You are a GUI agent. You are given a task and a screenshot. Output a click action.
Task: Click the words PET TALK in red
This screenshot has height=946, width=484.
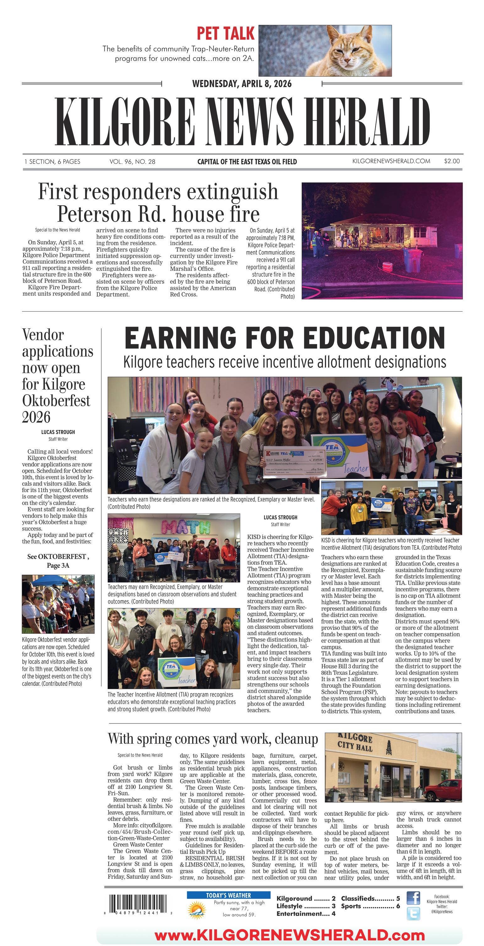225,33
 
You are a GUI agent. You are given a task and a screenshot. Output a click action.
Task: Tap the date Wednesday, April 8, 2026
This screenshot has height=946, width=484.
242,84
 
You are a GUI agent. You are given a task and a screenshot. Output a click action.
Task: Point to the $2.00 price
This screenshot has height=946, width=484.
452,161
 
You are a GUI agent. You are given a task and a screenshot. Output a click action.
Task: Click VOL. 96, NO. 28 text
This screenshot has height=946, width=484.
132,161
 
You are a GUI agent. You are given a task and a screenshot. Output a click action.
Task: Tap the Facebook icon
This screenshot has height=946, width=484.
413,898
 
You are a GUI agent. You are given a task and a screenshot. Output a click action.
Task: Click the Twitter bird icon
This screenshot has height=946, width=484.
413,913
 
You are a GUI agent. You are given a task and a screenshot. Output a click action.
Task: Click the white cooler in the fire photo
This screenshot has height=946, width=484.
387,266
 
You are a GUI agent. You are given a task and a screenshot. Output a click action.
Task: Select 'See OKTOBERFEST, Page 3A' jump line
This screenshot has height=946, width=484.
58,561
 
